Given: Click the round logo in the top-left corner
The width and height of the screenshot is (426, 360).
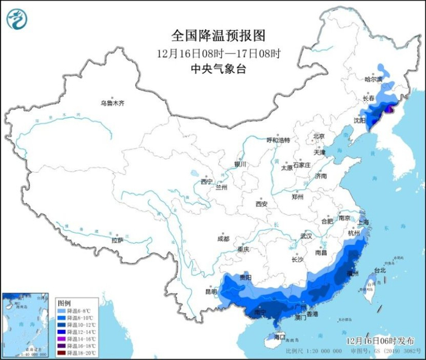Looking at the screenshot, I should click(x=17, y=19).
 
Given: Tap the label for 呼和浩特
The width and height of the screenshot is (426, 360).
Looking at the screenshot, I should click(x=278, y=139).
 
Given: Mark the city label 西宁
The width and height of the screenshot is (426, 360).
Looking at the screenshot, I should click(x=208, y=181).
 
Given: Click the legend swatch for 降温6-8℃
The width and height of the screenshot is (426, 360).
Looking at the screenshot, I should click(x=63, y=310).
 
